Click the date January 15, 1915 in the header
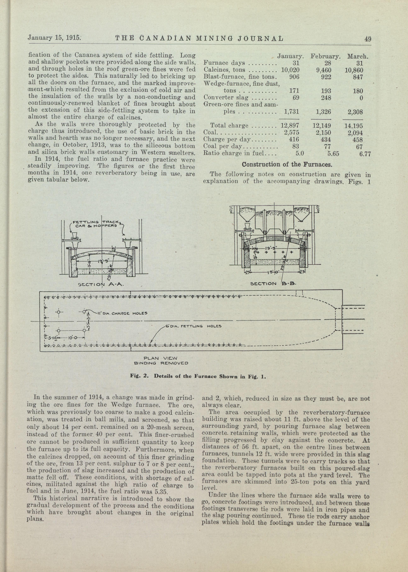coord(54,38)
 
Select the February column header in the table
coord(325,56)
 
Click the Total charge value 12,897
coord(290,126)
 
